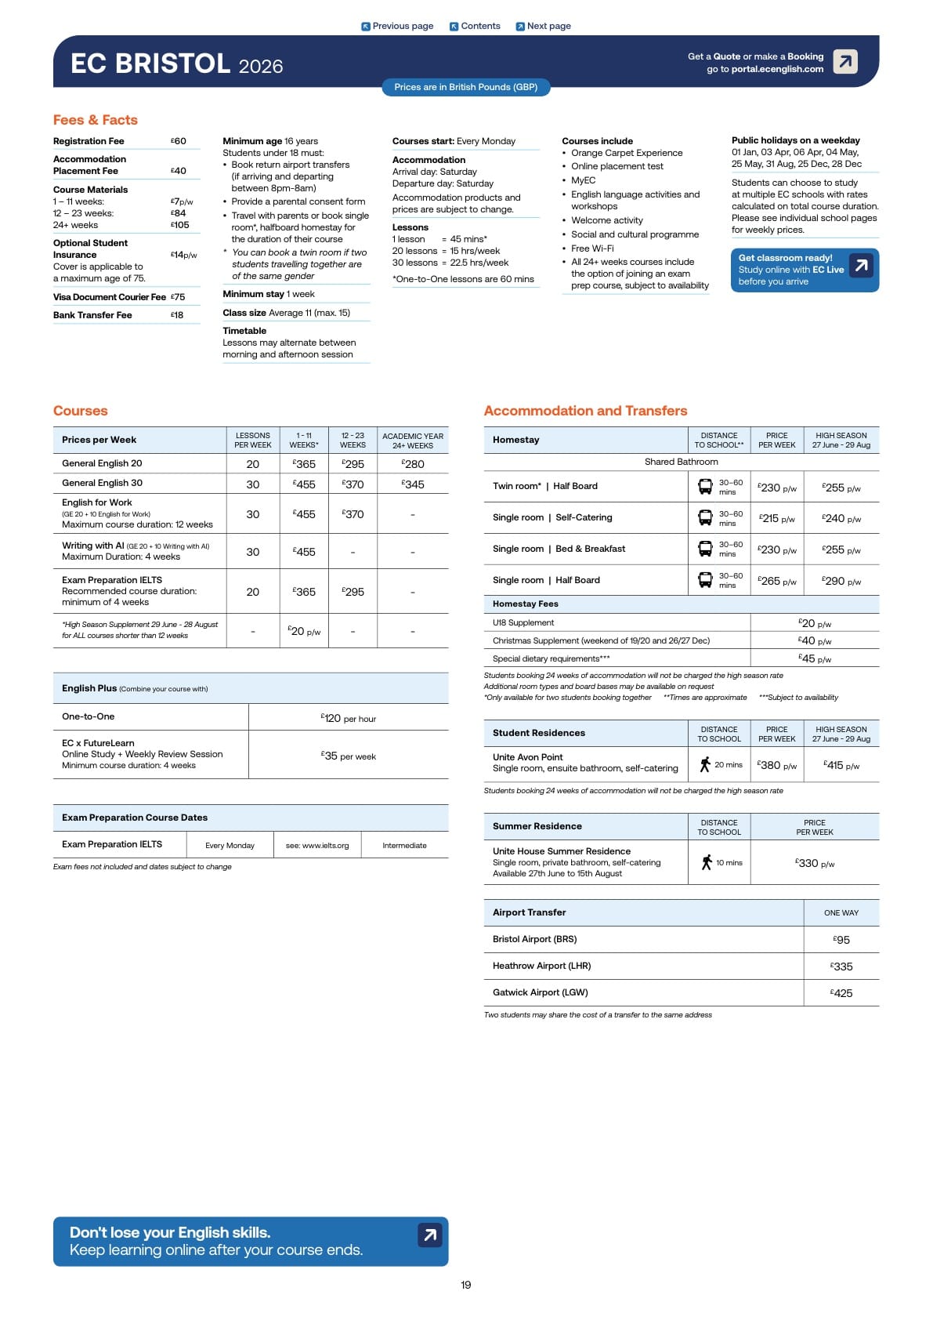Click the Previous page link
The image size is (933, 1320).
point(397,26)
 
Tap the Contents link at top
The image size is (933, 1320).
point(475,26)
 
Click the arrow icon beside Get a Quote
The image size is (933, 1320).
point(844,61)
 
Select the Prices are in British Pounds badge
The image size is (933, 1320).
point(465,87)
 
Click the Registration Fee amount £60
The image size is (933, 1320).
point(179,141)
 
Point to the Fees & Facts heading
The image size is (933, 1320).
point(96,120)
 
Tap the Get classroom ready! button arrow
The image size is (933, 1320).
point(861,266)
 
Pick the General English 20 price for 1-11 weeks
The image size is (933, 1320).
point(304,464)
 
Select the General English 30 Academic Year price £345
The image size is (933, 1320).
point(413,484)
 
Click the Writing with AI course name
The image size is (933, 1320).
point(93,546)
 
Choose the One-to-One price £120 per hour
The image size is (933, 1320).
point(349,718)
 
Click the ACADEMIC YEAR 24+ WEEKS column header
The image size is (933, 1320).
point(413,441)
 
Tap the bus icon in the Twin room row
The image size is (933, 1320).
point(705,487)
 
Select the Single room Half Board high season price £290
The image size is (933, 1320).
point(841,581)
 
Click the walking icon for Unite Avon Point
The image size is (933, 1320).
point(705,764)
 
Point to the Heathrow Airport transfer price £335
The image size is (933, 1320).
point(841,966)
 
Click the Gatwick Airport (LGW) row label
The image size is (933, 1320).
point(541,992)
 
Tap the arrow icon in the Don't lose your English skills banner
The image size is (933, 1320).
point(429,1235)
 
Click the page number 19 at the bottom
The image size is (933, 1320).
point(466,1285)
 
